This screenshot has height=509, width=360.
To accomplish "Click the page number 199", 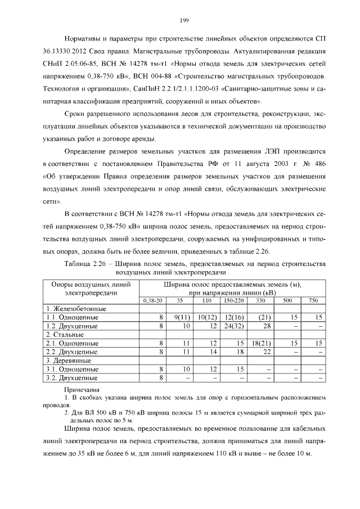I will point(183,21).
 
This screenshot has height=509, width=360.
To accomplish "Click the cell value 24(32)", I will point(232,326).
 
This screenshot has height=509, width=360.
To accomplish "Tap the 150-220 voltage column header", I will point(232,301).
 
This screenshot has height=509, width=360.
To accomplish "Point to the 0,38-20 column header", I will point(152,301).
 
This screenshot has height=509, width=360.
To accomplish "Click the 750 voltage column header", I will point(313,301).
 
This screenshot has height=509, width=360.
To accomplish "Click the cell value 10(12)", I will point(206,317).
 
